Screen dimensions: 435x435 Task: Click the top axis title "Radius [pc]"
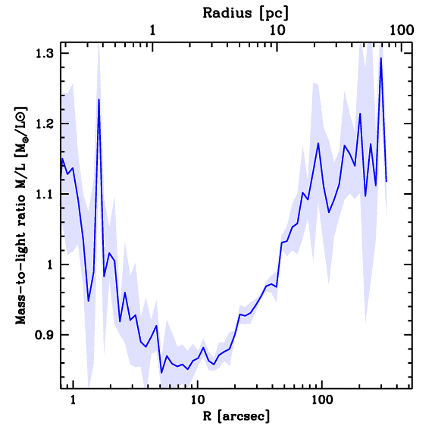coord(246,13)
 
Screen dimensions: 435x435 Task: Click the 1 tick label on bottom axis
coord(73,400)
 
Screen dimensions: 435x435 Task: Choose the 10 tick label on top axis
coord(277,31)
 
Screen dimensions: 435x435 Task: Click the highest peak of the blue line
coord(381,58)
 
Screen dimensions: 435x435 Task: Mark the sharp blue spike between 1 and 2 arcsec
coord(99,99)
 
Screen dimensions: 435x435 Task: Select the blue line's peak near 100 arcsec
coord(318,143)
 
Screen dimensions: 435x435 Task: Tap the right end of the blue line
coord(386,181)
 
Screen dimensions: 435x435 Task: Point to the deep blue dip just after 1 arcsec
coord(88,301)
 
